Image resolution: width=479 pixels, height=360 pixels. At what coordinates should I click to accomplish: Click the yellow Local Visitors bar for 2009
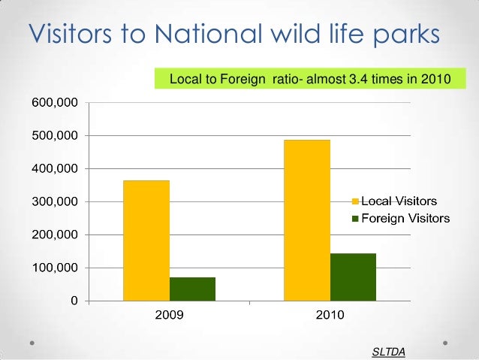tap(146, 241)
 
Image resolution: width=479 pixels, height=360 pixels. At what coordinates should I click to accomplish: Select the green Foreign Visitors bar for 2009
tap(192, 289)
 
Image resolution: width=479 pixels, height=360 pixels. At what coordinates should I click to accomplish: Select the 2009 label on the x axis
tap(169, 316)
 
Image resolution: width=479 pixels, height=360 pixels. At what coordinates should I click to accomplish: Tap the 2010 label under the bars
tap(330, 316)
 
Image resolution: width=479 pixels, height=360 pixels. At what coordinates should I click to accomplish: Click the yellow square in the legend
tap(357, 201)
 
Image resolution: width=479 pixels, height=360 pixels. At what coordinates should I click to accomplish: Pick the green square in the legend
tap(357, 219)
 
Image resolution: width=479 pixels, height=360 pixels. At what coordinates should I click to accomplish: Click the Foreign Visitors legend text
tap(405, 219)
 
